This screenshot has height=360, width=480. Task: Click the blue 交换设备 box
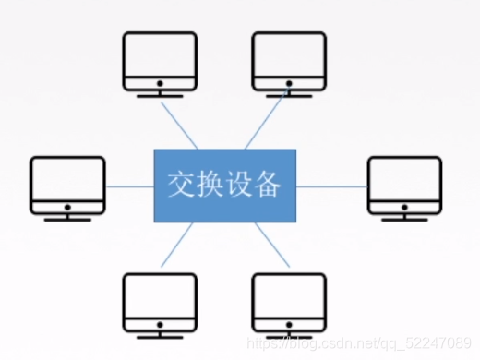[224, 186]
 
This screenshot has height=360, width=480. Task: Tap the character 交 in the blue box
[181, 186]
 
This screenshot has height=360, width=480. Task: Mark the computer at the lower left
[160, 302]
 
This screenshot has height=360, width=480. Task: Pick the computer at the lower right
[289, 302]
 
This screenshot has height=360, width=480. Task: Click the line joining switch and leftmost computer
[129, 186]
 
